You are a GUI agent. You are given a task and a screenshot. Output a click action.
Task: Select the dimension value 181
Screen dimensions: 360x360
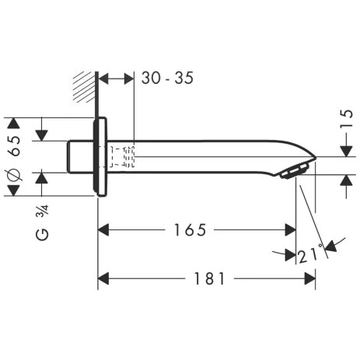click(204, 278)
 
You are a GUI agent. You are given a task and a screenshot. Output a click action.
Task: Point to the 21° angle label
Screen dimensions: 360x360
click(310, 254)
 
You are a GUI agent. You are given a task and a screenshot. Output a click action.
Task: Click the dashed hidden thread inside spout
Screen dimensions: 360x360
click(123, 156)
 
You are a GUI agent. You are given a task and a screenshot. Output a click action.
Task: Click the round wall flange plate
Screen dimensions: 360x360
click(99, 156)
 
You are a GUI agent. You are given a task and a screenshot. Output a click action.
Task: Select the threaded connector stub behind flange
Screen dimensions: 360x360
click(79, 156)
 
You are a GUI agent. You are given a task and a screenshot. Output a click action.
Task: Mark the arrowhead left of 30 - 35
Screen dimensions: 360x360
click(107, 78)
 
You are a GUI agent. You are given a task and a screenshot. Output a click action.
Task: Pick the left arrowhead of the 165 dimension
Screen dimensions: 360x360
click(104, 230)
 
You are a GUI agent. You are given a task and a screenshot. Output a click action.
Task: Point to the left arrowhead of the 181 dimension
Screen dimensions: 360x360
click(104, 278)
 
